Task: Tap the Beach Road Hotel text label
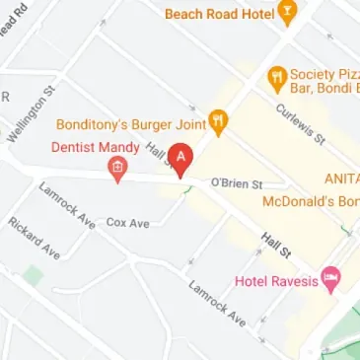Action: pyautogui.click(x=219, y=14)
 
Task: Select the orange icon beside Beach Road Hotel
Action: pyautogui.click(x=288, y=14)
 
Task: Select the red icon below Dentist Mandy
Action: pyautogui.click(x=117, y=172)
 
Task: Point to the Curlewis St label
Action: pyautogui.click(x=300, y=124)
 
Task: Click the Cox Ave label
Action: pyautogui.click(x=127, y=223)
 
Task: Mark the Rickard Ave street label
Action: pyautogui.click(x=33, y=238)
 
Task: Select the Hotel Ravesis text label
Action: pyautogui.click(x=276, y=281)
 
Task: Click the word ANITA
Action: pyautogui.click(x=341, y=179)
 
